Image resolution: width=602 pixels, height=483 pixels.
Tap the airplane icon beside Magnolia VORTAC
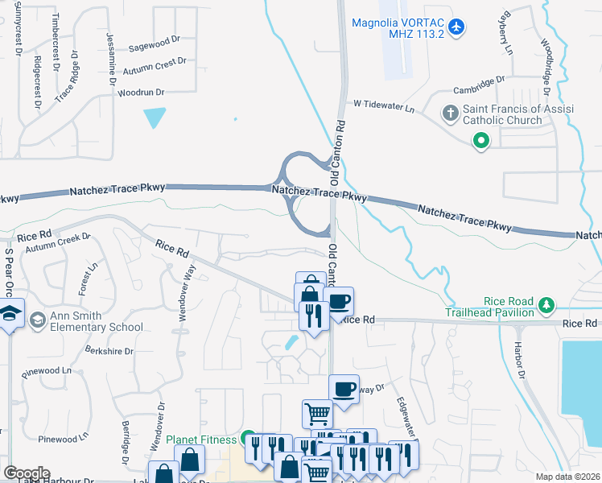(x=456, y=27)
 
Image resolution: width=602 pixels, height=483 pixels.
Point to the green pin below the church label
(x=480, y=142)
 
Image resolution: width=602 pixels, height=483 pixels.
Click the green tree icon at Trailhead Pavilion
(x=546, y=305)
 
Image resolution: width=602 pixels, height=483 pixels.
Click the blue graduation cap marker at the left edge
(x=10, y=315)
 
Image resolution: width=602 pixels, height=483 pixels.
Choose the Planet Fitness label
(x=201, y=440)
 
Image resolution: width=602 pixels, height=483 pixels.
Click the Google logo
(x=27, y=473)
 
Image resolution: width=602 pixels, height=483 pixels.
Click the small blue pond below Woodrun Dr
(x=154, y=118)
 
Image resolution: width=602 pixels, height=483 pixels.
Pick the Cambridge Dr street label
(x=478, y=81)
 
